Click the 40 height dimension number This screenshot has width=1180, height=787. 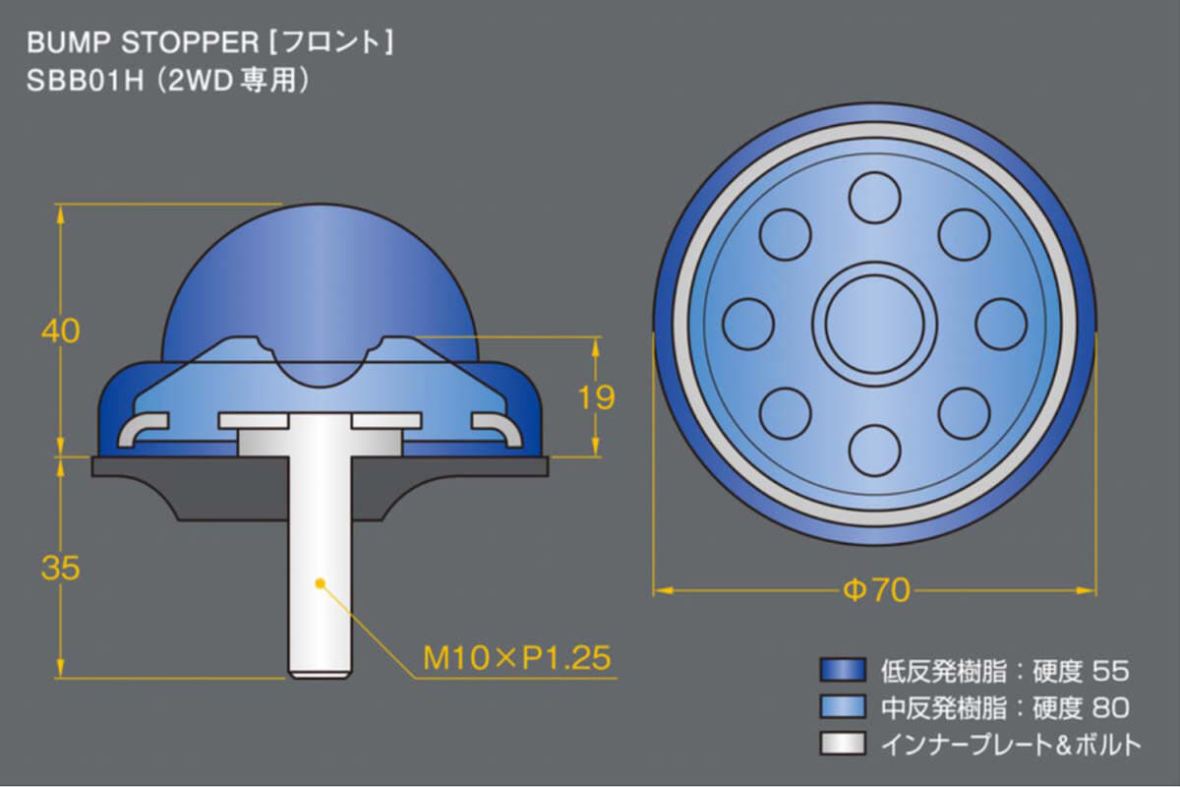click(x=61, y=332)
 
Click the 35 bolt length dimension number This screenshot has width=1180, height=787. click(x=61, y=568)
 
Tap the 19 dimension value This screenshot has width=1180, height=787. click(x=596, y=397)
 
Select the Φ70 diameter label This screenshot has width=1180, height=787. click(x=876, y=590)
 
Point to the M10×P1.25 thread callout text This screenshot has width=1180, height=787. click(x=517, y=658)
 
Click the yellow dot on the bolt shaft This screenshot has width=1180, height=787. click(x=320, y=583)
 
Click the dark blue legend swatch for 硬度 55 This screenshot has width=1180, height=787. click(x=843, y=671)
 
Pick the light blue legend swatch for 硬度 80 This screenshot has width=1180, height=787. click(x=843, y=707)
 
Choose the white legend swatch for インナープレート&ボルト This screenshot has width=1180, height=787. click(x=843, y=744)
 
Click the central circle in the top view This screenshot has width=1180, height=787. click(x=874, y=324)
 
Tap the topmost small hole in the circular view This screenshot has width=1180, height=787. click(x=874, y=198)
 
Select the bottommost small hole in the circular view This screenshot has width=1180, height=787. click(x=874, y=451)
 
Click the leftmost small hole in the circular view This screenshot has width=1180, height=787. click(x=748, y=325)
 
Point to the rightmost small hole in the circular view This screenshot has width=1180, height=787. click(x=1001, y=325)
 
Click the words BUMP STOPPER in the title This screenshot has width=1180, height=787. click(x=143, y=43)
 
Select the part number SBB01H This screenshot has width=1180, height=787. click(x=85, y=82)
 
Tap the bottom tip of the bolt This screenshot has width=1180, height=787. click(x=320, y=678)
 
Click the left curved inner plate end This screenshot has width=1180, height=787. click(x=143, y=430)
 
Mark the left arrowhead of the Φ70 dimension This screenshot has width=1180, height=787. click(x=663, y=590)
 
